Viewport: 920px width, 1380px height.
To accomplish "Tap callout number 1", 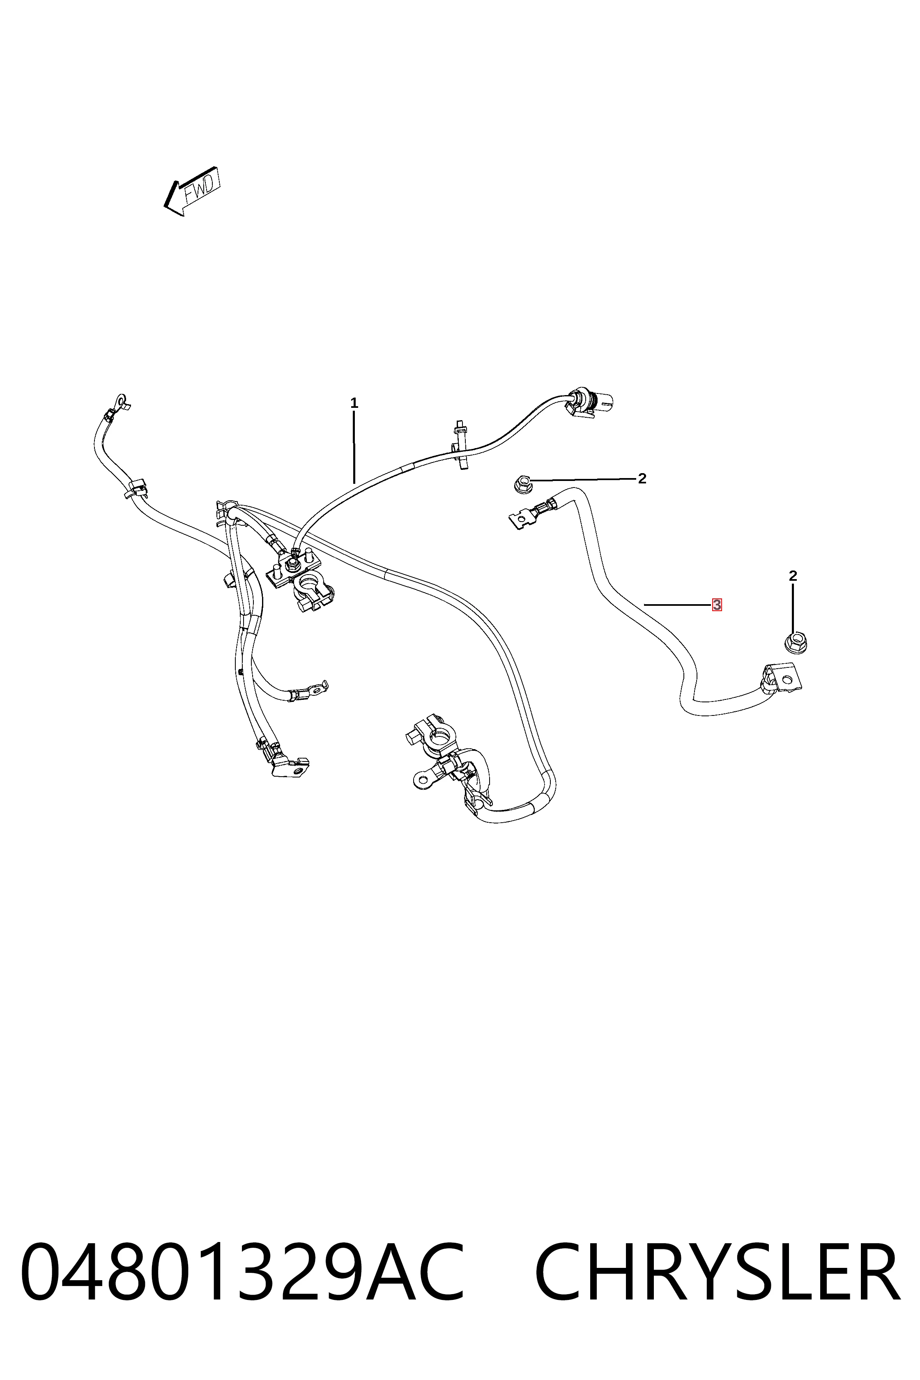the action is coord(354,403).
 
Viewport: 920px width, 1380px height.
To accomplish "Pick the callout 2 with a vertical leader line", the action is coord(793,576).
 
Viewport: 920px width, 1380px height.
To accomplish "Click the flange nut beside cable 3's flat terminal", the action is coord(521,485).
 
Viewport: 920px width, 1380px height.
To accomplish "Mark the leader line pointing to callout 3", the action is coord(677,604).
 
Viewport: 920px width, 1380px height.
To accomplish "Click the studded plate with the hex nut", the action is coord(291,569).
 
